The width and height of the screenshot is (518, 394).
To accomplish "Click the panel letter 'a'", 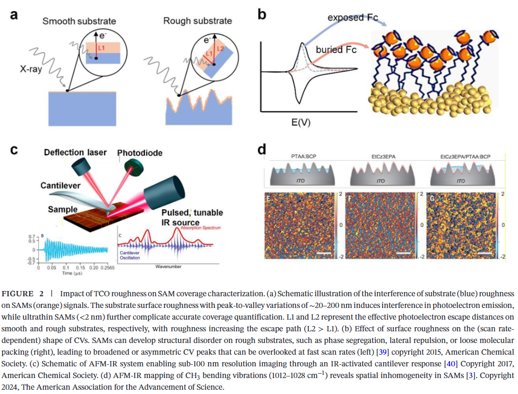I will pyautogui.click(x=14, y=15).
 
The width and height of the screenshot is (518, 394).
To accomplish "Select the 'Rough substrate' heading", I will pyautogui.click(x=197, y=21).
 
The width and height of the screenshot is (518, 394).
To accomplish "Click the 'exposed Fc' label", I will pyautogui.click(x=352, y=18).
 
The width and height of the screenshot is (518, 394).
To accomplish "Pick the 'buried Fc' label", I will pyautogui.click(x=336, y=50).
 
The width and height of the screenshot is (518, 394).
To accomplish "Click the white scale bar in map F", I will pyautogui.click(x=403, y=253).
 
